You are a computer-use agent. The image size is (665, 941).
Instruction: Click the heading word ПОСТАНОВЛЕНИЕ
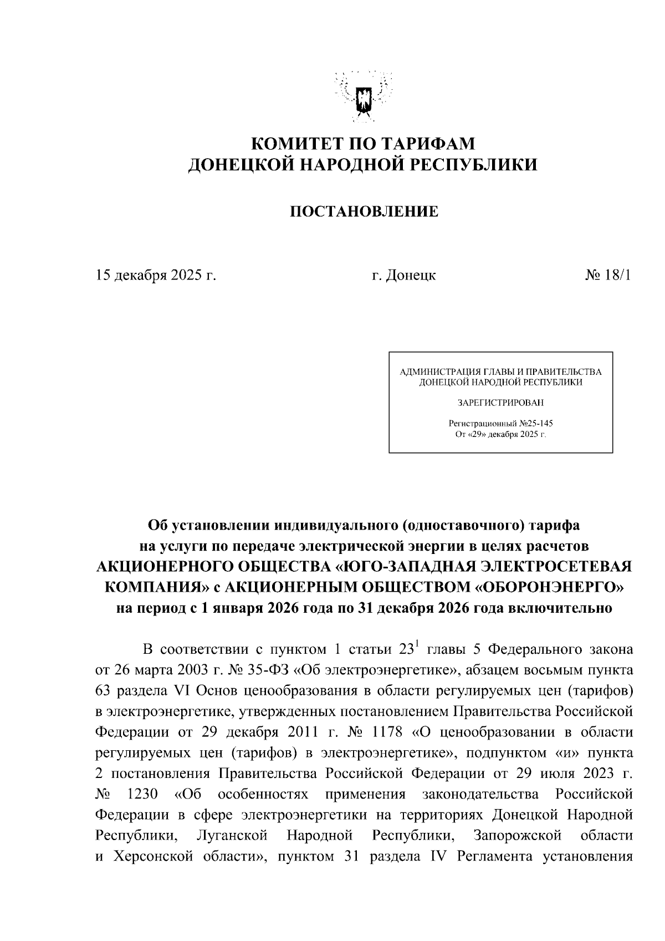364,211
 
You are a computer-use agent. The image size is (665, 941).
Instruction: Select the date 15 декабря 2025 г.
156,275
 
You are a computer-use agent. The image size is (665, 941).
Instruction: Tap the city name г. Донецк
403,275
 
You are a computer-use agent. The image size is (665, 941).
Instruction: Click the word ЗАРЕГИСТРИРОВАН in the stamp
500,402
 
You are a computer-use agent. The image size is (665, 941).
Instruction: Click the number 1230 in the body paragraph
142,794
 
